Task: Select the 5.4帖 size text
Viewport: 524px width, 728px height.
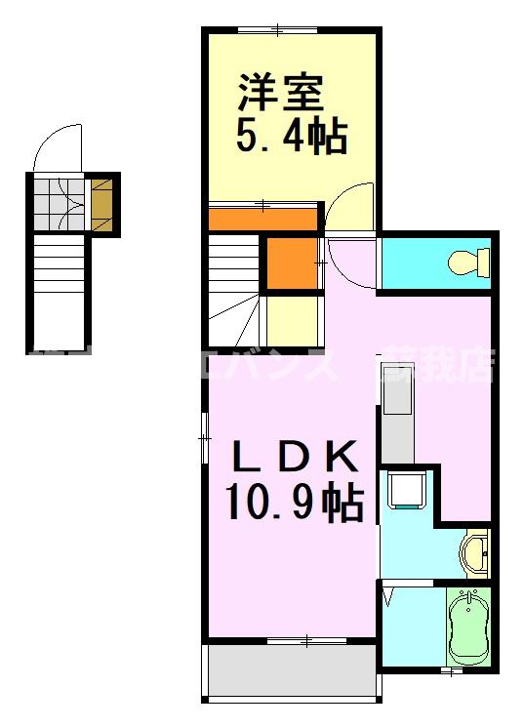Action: click(x=292, y=138)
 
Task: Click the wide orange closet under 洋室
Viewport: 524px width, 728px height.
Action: click(x=263, y=218)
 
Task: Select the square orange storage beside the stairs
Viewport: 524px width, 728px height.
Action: click(x=293, y=263)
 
